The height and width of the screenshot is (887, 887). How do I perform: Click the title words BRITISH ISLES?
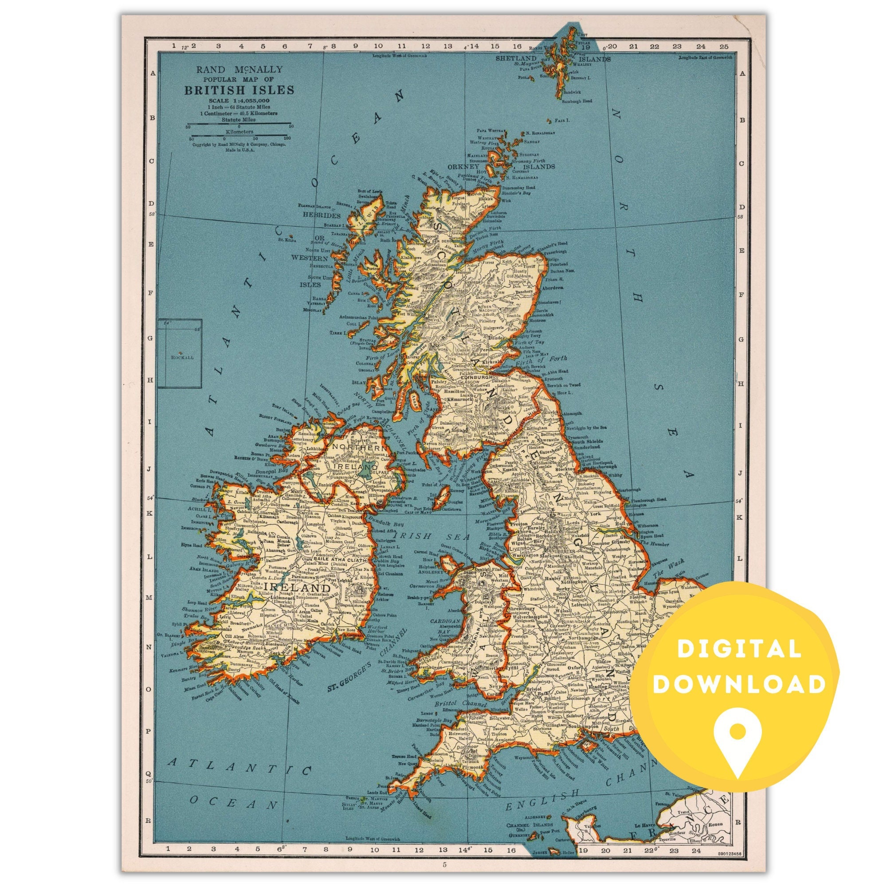coord(239,90)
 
